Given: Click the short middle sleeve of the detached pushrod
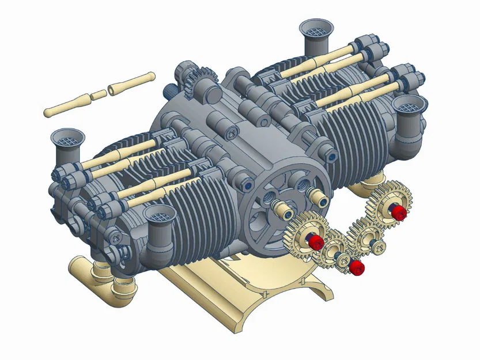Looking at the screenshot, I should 99,94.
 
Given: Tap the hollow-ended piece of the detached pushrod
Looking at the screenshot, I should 132,83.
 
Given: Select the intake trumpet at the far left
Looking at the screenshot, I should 67,142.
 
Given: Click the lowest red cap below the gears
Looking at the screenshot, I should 357,267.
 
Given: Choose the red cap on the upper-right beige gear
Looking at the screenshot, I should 399,213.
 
